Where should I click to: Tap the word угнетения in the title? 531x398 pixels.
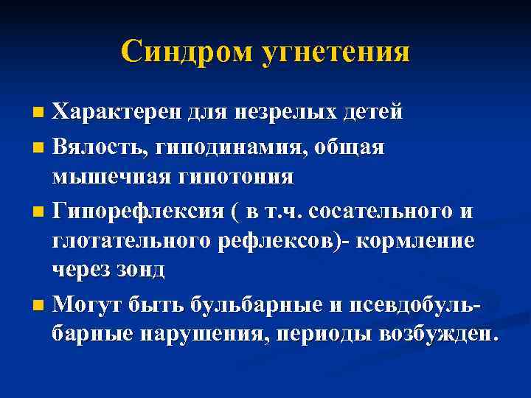337,52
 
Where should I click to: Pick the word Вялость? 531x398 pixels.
102,146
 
